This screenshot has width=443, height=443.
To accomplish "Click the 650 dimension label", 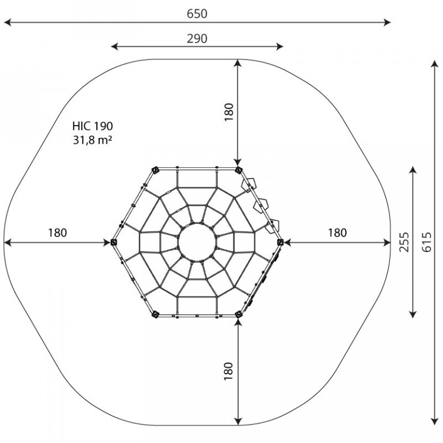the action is pyautogui.click(x=197, y=14).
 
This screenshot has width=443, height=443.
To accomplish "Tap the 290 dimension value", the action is pyautogui.click(x=197, y=39).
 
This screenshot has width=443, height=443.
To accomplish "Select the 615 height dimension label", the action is pyautogui.click(x=427, y=242).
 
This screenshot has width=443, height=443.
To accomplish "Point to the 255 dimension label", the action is pyautogui.click(x=404, y=242).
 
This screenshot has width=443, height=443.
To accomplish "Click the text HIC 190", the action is pyautogui.click(x=93, y=126).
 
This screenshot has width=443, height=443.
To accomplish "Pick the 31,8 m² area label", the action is pyautogui.click(x=93, y=140).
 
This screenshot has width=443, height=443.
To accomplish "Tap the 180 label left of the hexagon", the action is pyautogui.click(x=57, y=233).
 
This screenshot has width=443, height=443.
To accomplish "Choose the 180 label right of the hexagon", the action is pyautogui.click(x=337, y=233).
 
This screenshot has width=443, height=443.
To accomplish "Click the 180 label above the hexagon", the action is pyautogui.click(x=229, y=112).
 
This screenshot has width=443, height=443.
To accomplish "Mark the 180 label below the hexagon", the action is pyautogui.click(x=228, y=371).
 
